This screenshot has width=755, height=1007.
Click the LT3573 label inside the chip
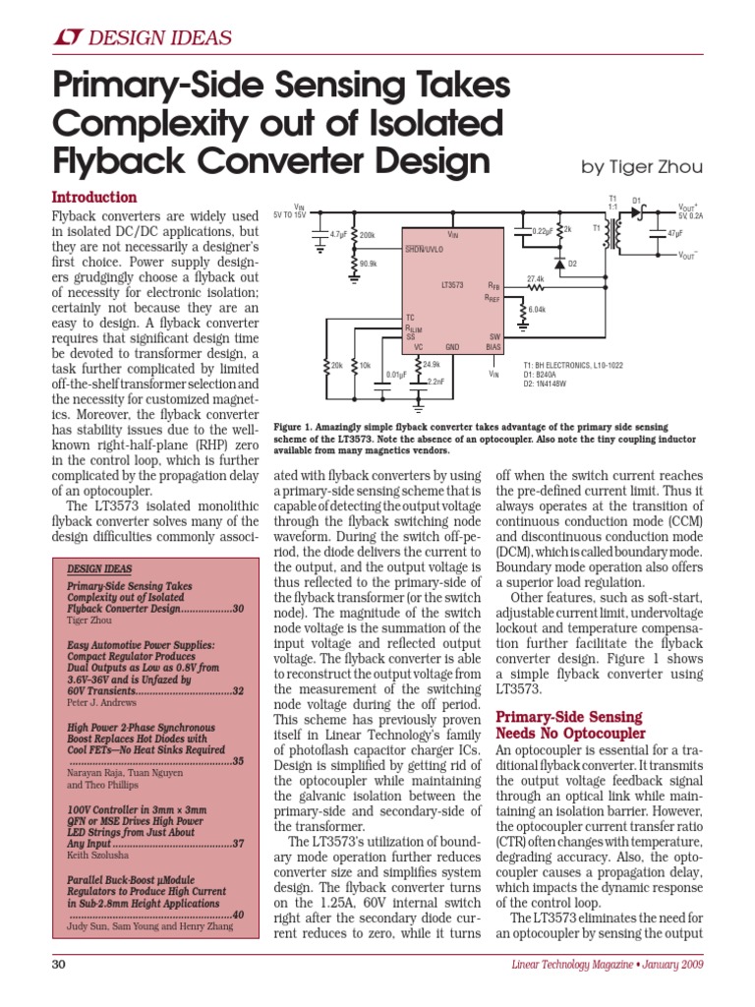[x=451, y=284]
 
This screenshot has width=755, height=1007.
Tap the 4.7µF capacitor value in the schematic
[x=338, y=235]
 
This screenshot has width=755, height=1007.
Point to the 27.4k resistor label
[x=535, y=278]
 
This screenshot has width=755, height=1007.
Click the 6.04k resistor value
[x=537, y=310]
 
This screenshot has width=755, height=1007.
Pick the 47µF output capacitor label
[x=674, y=234]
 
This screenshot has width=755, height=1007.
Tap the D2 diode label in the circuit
[x=573, y=264]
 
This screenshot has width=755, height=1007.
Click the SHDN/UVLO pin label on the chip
[x=425, y=249]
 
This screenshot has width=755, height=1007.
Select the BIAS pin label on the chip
[x=494, y=347]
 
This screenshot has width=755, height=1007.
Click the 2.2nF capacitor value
[x=437, y=380]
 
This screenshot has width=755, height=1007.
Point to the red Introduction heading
[x=93, y=197]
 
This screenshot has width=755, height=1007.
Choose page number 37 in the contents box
[x=238, y=843]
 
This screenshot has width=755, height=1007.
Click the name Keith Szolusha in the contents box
[x=98, y=857]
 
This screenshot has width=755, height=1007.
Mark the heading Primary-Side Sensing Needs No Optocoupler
[x=570, y=726]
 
